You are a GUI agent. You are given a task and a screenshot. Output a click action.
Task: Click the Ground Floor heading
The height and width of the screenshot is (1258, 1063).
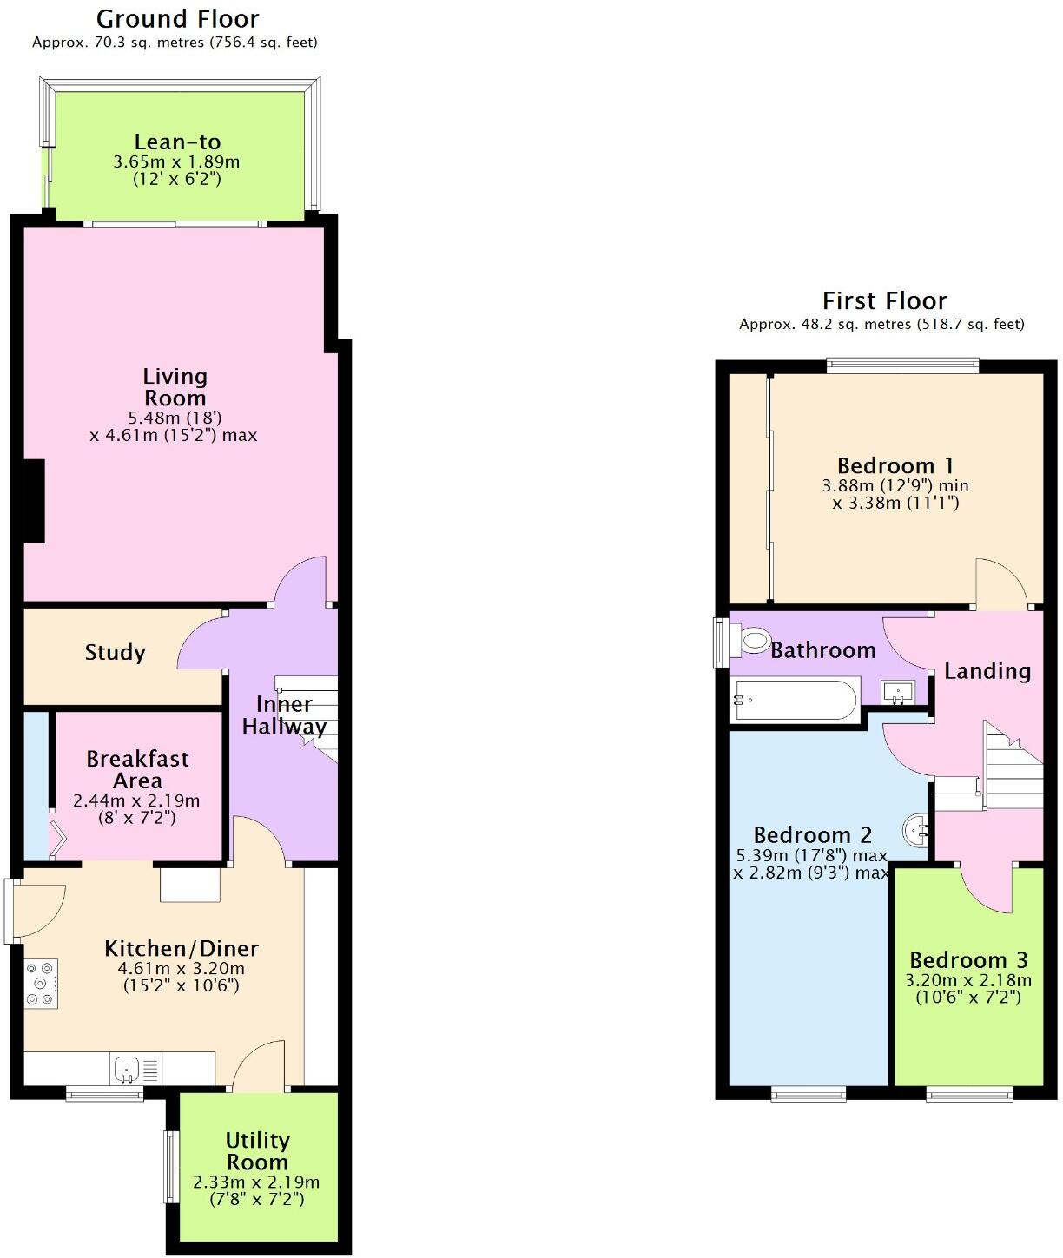coord(177,19)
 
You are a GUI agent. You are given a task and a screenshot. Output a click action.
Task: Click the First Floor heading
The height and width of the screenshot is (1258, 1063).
coord(884,301)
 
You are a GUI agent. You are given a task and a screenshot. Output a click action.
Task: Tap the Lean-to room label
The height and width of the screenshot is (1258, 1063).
coord(177,142)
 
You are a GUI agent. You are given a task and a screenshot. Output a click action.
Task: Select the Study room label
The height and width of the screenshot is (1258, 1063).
coord(115,653)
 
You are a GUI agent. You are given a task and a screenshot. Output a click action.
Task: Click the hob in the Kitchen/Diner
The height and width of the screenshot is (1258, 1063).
coord(41,984)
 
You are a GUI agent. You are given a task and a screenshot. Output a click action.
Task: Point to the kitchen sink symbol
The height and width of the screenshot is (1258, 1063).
coord(127,1068)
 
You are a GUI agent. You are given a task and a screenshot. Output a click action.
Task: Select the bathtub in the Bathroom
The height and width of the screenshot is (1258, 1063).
coord(796,700)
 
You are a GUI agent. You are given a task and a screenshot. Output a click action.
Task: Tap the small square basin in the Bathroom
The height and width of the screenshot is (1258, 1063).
coord(897,692)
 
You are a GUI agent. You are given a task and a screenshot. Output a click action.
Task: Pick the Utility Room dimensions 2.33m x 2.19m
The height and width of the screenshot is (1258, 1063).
coord(256,1182)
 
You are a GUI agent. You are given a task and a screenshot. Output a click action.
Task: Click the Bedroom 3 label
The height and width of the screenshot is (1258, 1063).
coord(968,960)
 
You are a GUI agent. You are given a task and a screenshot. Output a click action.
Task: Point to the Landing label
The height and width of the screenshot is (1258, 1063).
coord(987,671)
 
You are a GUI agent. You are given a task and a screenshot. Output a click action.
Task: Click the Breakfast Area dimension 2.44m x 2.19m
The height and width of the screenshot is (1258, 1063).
coord(136,800)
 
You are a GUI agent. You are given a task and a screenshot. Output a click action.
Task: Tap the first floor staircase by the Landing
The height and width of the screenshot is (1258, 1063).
coord(1012,768)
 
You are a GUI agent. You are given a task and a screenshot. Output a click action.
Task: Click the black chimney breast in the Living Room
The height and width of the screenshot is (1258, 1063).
coord(33,501)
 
